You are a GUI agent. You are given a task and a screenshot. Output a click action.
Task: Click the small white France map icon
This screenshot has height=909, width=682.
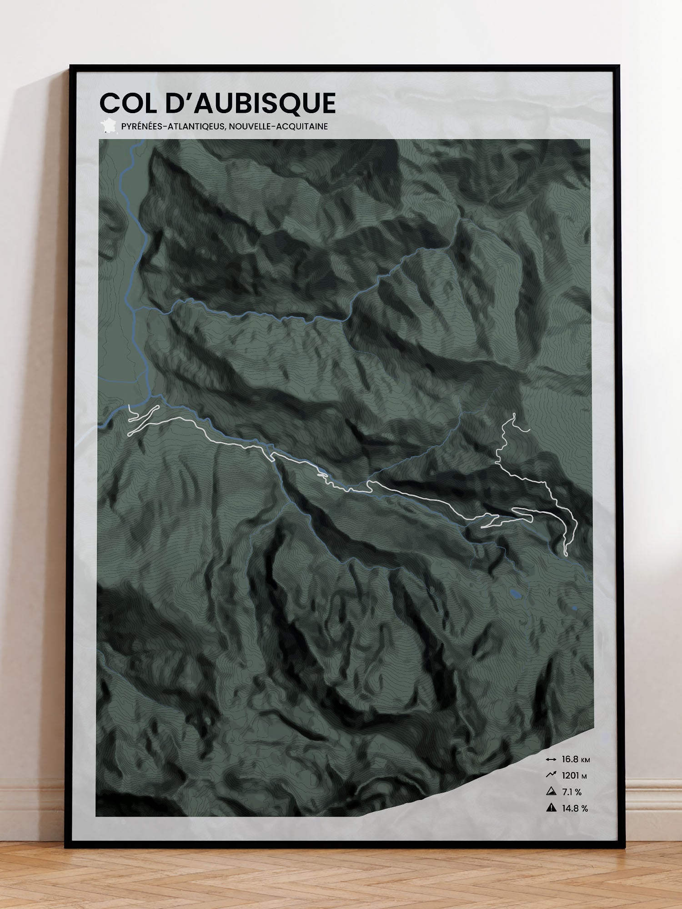pyautogui.click(x=108, y=125)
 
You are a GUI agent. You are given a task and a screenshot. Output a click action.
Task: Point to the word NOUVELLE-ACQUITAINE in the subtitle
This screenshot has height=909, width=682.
pyautogui.click(x=278, y=126)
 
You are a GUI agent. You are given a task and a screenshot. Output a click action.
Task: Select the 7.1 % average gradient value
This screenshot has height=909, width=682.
pyautogui.click(x=572, y=792)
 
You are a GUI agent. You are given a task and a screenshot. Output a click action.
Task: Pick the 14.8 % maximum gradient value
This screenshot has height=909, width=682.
pyautogui.click(x=575, y=809)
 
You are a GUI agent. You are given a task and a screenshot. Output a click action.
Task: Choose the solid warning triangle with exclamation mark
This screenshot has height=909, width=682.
pyautogui.click(x=551, y=808)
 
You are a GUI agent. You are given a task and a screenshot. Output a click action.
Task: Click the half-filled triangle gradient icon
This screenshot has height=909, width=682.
pyautogui.click(x=551, y=792)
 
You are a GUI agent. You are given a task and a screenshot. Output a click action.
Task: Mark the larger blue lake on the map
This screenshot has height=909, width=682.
pyautogui.click(x=516, y=594)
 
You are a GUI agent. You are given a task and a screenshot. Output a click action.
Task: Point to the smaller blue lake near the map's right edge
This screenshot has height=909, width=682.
pyautogui.click(x=575, y=607)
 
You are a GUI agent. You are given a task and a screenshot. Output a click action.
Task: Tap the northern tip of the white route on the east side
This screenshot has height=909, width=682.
pyautogui.click(x=514, y=414)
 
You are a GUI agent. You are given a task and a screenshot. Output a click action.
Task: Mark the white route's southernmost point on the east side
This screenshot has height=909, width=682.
pyautogui.click(x=566, y=554)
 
